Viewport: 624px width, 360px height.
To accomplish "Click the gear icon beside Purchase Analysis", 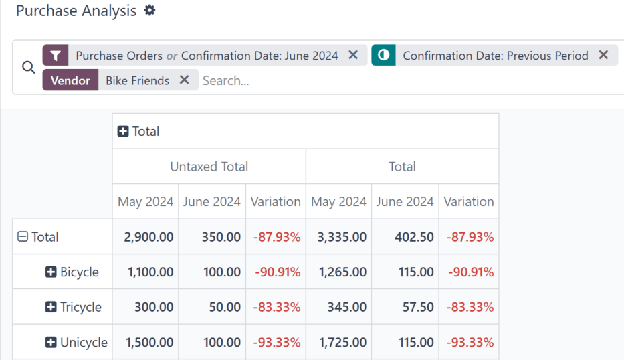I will tap(150, 11).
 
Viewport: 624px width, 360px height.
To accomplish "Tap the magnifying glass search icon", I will tap(28, 68).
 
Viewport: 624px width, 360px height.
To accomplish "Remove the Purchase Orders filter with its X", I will tap(353, 55).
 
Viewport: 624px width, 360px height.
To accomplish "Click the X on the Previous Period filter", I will tap(603, 55).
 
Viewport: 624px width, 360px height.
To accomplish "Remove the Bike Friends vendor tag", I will tap(184, 80).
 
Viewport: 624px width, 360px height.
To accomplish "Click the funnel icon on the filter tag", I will tap(56, 55).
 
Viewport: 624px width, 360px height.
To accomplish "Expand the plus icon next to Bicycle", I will tap(51, 272).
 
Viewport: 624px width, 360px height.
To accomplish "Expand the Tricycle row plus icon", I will tap(51, 307).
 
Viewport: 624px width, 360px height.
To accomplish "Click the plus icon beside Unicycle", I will tap(51, 342).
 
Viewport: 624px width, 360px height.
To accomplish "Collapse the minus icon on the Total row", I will tap(23, 236).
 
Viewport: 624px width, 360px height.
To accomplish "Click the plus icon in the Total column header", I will tap(123, 131).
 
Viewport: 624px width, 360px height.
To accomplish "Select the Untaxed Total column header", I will tap(209, 167).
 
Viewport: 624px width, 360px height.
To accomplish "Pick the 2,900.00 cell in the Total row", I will tap(148, 237).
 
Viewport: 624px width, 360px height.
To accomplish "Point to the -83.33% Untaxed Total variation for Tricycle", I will tap(277, 307).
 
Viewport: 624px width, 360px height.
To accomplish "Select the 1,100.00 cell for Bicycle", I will tap(148, 272).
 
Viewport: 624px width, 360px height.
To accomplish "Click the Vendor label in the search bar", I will tap(70, 80).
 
